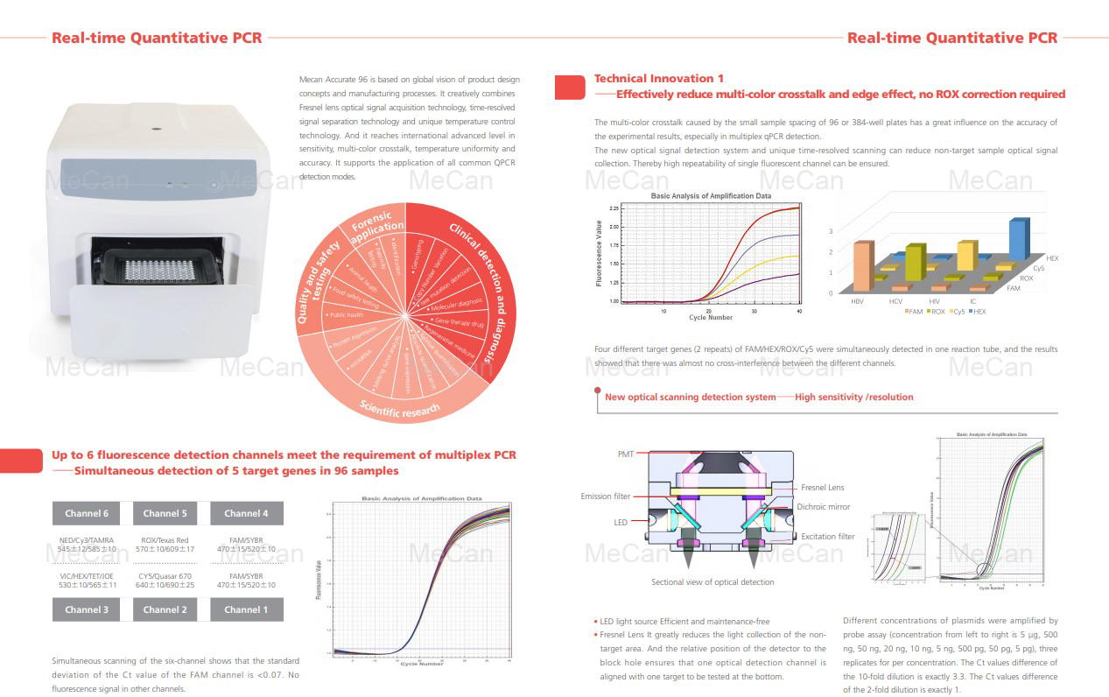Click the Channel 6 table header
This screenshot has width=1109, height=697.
click(88, 513)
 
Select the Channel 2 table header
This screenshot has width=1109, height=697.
click(165, 609)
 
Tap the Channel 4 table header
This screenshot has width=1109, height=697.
click(246, 513)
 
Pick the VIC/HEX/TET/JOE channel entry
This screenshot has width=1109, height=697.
click(87, 579)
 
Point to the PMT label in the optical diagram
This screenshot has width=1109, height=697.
click(626, 454)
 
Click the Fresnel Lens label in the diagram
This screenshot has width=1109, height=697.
click(823, 488)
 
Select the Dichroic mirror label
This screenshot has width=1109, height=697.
click(823, 507)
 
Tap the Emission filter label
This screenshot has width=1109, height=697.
click(605, 496)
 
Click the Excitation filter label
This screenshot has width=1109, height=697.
click(828, 537)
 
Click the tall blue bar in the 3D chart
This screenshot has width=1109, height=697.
click(1018, 237)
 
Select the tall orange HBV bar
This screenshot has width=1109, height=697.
click(861, 265)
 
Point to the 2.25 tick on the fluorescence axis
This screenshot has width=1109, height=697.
click(613, 208)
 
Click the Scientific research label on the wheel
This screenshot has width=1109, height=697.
click(401, 410)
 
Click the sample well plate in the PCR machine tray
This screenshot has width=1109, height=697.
click(158, 266)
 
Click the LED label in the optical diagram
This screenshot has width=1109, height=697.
click(620, 522)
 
